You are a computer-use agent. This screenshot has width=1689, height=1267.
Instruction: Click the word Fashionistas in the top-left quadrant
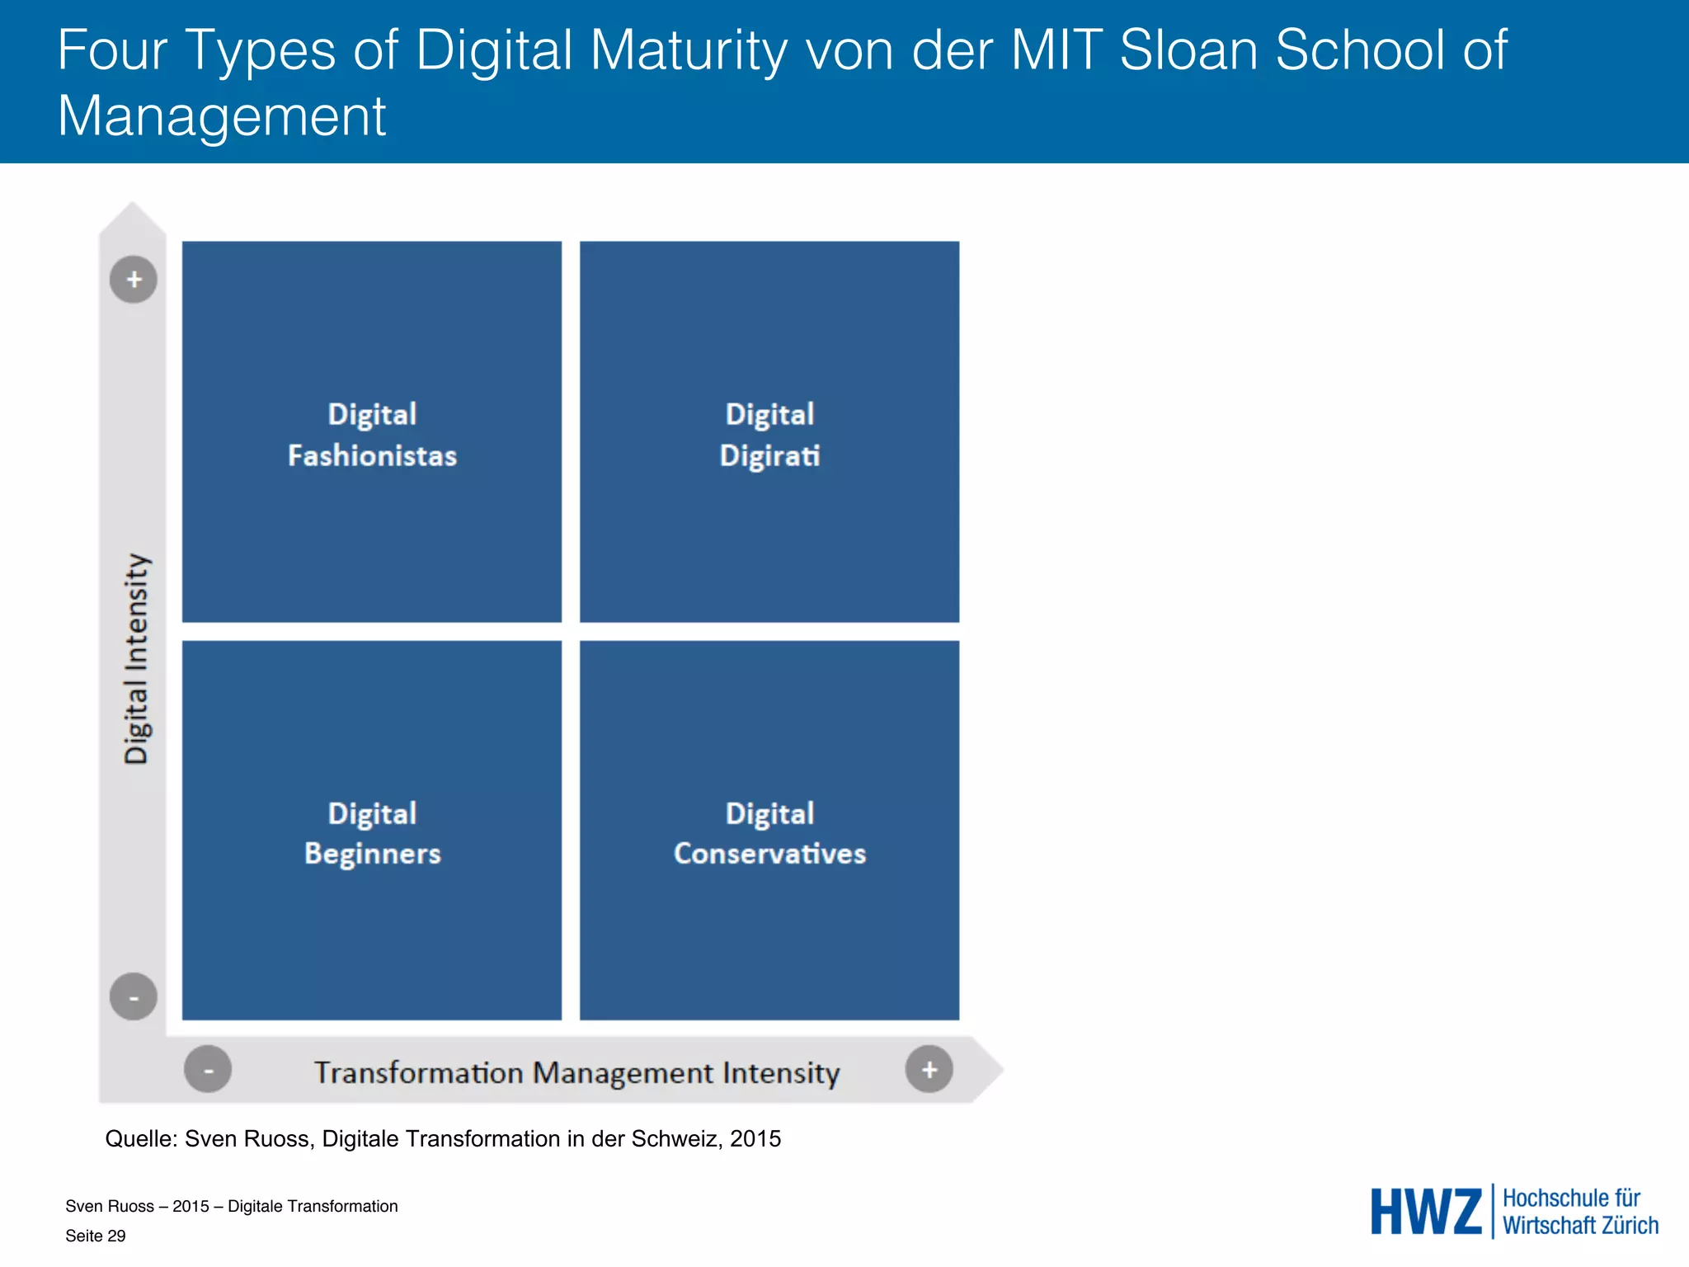tap(372, 455)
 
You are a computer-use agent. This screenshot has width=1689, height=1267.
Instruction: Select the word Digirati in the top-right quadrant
tap(769, 455)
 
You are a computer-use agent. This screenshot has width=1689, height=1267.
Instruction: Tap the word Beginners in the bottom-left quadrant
tap(372, 854)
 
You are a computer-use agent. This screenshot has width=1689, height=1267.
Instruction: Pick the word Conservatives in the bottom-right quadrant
tap(769, 854)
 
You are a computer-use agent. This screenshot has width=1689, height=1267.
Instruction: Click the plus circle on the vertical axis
tap(134, 280)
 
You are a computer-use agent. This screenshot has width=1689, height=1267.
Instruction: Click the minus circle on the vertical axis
tap(134, 996)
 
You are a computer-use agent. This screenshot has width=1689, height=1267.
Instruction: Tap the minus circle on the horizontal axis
tap(208, 1070)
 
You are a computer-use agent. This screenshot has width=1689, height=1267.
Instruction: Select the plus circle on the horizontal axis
tap(929, 1070)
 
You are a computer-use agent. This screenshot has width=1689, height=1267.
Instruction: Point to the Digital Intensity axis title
tap(137, 658)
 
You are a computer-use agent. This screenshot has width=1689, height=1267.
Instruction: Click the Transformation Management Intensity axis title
tap(576, 1072)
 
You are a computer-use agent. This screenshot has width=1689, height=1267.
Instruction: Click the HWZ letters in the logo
tap(1426, 1212)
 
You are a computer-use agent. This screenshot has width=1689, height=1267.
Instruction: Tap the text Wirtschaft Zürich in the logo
tap(1580, 1226)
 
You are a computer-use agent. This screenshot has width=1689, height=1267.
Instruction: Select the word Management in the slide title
tap(221, 117)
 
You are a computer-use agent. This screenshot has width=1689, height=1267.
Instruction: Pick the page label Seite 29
tap(96, 1236)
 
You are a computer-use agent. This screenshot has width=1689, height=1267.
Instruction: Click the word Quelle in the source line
tap(139, 1138)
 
